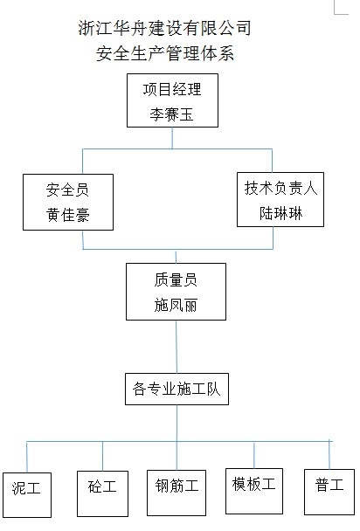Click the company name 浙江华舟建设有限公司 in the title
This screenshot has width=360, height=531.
165,28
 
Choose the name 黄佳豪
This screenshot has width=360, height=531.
67,214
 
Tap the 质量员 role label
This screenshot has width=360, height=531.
177,282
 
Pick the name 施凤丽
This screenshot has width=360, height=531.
177,307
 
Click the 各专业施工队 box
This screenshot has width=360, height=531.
176,389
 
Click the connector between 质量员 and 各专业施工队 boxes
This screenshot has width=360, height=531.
177,345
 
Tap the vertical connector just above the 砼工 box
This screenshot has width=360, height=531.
103,455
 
